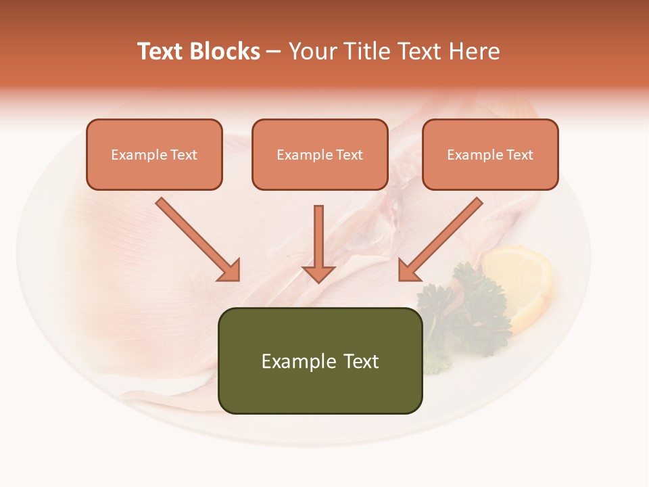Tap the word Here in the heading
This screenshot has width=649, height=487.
point(476,51)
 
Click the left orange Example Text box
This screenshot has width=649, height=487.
point(154,154)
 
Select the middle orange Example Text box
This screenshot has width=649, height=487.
point(320,154)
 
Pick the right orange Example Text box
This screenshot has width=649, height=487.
point(490,154)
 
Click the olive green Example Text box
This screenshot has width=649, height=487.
point(320,361)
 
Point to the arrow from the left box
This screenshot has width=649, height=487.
point(196,238)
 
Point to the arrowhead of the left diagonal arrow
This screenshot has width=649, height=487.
point(230,271)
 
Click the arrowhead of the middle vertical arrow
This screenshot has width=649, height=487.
point(318,273)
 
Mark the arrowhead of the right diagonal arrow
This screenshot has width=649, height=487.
point(408,271)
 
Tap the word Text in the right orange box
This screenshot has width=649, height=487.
point(519,154)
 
